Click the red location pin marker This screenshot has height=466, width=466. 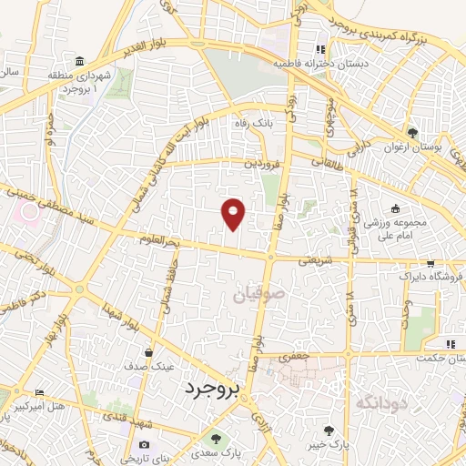235,213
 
